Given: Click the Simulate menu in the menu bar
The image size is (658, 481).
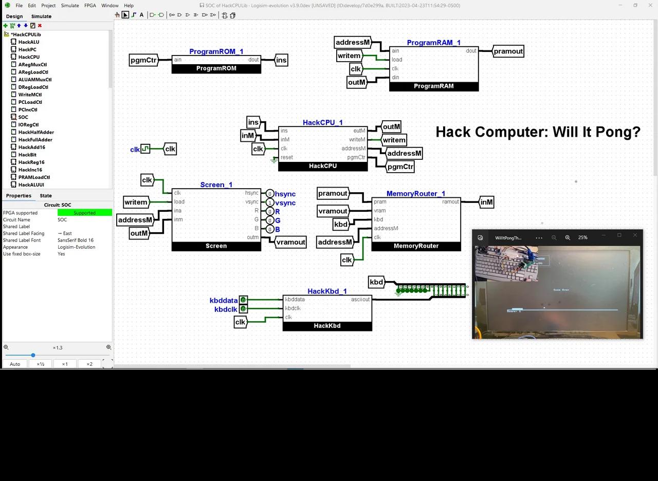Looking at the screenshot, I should pos(70,6).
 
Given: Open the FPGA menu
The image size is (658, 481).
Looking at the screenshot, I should pos(90,6).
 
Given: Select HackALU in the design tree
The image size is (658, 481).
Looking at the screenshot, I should pos(28,42).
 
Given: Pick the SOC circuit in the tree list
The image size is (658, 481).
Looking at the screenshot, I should pos(23,117).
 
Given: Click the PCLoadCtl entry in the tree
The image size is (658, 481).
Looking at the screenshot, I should pos(30,102).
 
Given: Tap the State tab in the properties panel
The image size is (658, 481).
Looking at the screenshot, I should pos(46,196).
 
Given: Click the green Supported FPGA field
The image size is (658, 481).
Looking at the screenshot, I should pos(84,213).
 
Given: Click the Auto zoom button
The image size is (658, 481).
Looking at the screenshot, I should pos(15,364).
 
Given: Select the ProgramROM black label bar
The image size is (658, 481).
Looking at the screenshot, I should pos(216,68).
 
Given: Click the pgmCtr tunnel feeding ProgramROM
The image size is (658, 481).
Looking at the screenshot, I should pos(143,60).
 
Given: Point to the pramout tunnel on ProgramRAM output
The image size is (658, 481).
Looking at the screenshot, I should pos(508,51).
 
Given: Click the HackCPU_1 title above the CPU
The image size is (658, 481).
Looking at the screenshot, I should pos(322,122).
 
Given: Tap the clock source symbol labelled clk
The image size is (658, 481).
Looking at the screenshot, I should pos(145,149).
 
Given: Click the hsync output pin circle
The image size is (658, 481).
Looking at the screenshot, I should pos(270,194).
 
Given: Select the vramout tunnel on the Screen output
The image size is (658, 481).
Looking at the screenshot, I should pos(290,242).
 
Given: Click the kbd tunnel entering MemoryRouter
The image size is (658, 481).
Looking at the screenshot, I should pos(341,224).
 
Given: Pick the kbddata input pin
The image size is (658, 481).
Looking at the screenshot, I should pos(243,300).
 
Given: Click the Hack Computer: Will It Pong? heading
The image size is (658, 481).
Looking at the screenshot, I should pos(538,132).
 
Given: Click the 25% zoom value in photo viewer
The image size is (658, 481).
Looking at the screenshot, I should pos(582,237).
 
